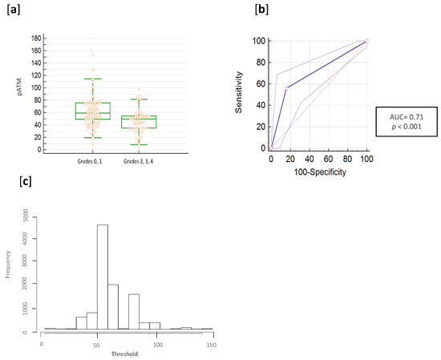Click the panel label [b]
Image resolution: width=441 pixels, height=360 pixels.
tap(261, 10)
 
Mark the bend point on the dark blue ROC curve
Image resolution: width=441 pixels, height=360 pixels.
tap(285, 87)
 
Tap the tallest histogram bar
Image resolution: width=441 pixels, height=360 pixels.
tap(103, 277)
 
